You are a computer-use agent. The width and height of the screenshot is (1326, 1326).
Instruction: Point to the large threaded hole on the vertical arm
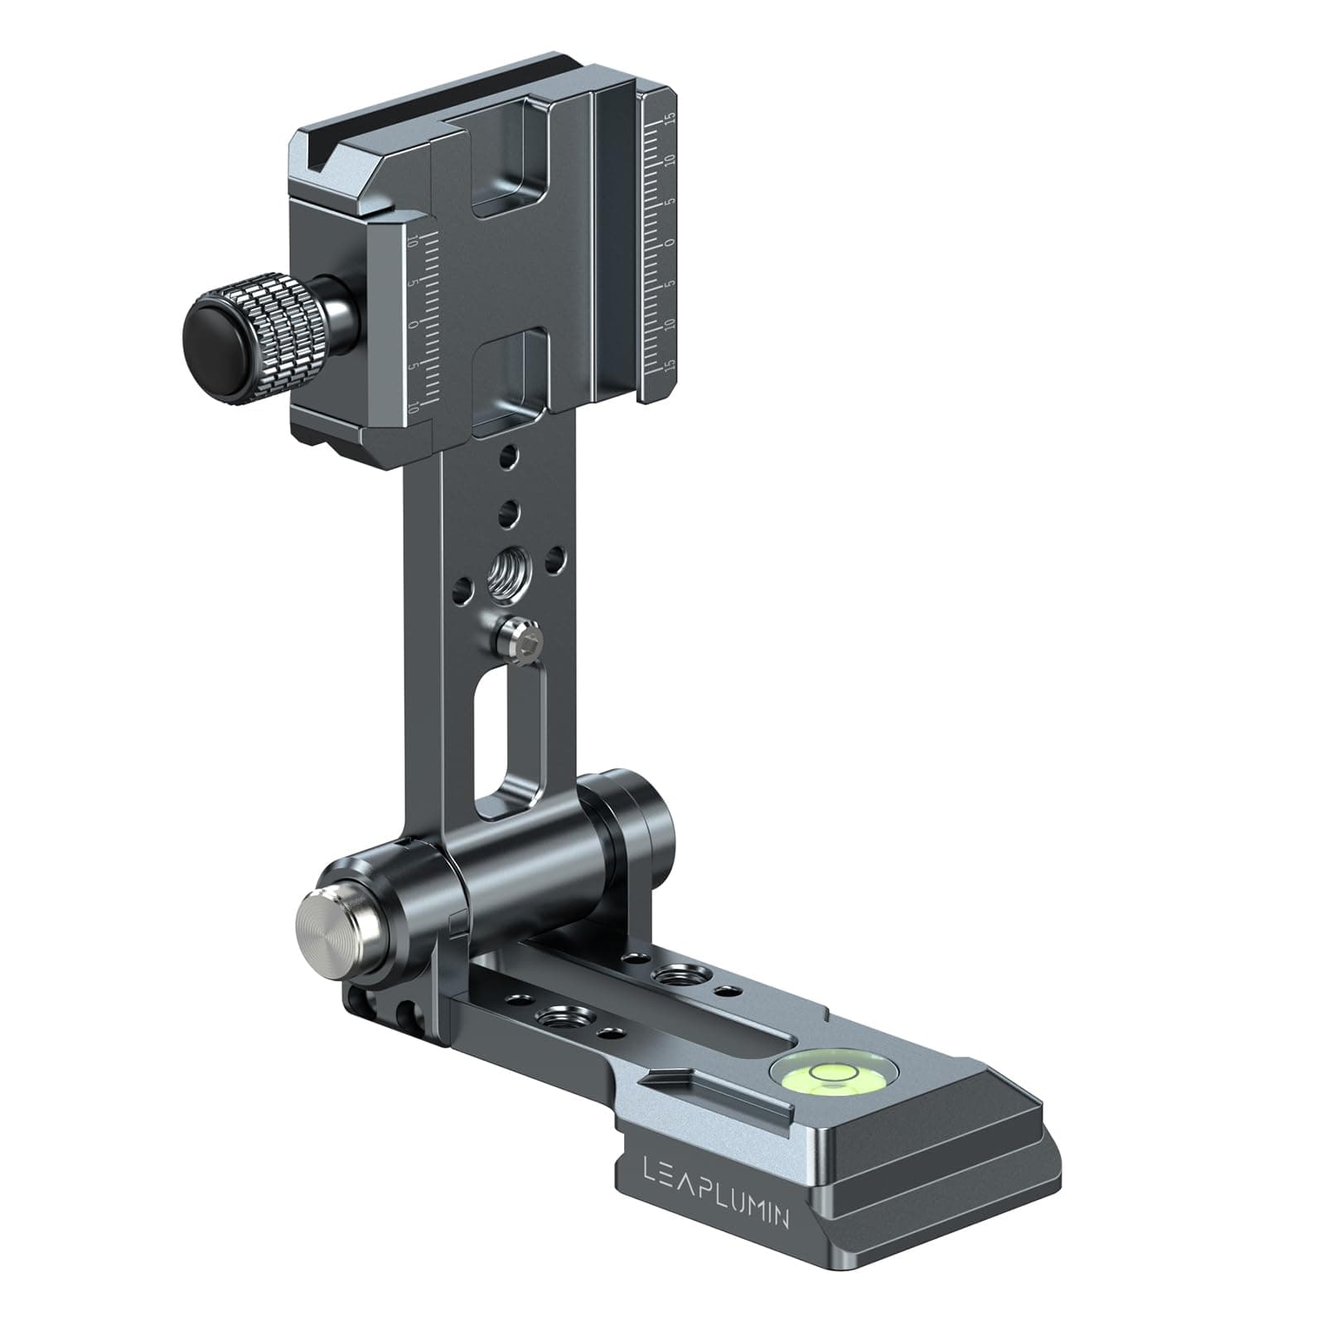[x=507, y=569]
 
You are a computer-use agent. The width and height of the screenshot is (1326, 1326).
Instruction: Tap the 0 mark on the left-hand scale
[x=413, y=325]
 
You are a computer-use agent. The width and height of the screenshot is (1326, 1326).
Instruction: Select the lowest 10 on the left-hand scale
[x=412, y=405]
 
